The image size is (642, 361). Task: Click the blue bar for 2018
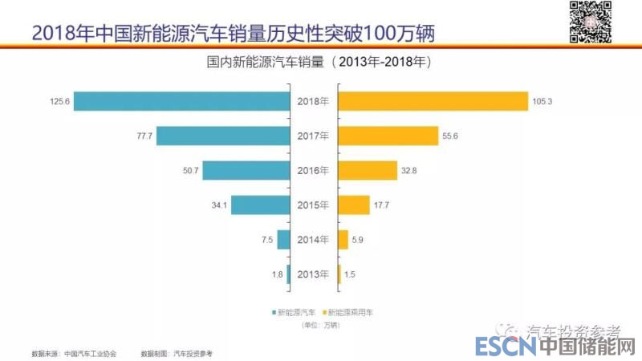tap(181, 101)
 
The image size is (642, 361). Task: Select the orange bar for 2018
tap(433, 101)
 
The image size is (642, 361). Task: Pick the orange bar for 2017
tap(388, 136)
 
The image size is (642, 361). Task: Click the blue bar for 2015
tap(260, 205)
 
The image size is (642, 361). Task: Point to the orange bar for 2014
tap(343, 239)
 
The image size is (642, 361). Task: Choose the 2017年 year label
tap(314, 136)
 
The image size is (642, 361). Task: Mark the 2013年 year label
tap(314, 274)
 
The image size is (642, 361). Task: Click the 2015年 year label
tap(314, 205)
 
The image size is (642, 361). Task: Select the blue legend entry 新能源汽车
tap(295, 311)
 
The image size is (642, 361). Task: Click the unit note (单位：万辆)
tap(320, 325)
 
